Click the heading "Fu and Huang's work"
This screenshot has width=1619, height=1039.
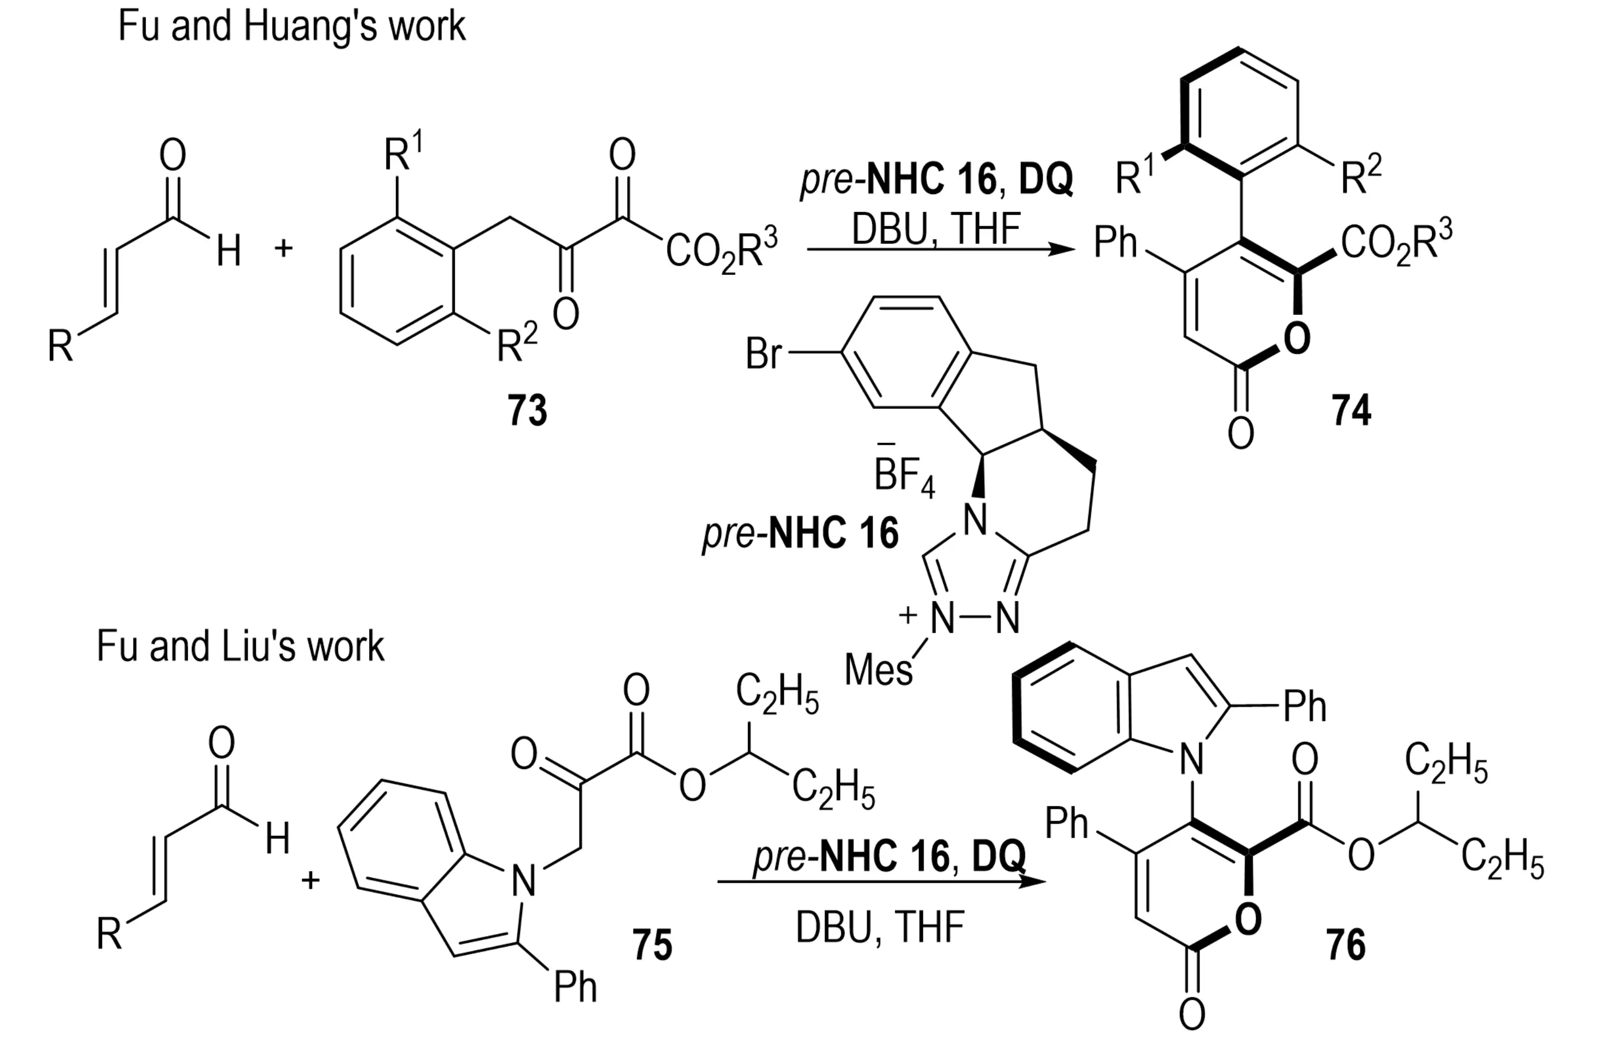(x=291, y=27)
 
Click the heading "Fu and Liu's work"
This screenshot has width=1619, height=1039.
(x=240, y=647)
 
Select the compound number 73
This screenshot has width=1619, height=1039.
(x=527, y=410)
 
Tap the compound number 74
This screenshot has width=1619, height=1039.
(x=1351, y=410)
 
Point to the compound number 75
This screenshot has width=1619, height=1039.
(x=652, y=944)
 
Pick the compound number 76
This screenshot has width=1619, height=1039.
(x=1346, y=944)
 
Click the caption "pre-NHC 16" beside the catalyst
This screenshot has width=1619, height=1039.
(x=800, y=533)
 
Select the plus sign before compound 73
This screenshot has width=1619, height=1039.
(x=283, y=248)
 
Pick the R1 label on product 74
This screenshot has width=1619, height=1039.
(x=1134, y=177)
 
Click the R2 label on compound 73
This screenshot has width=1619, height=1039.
(x=516, y=344)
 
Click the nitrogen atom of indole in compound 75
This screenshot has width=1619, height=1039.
(x=524, y=880)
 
